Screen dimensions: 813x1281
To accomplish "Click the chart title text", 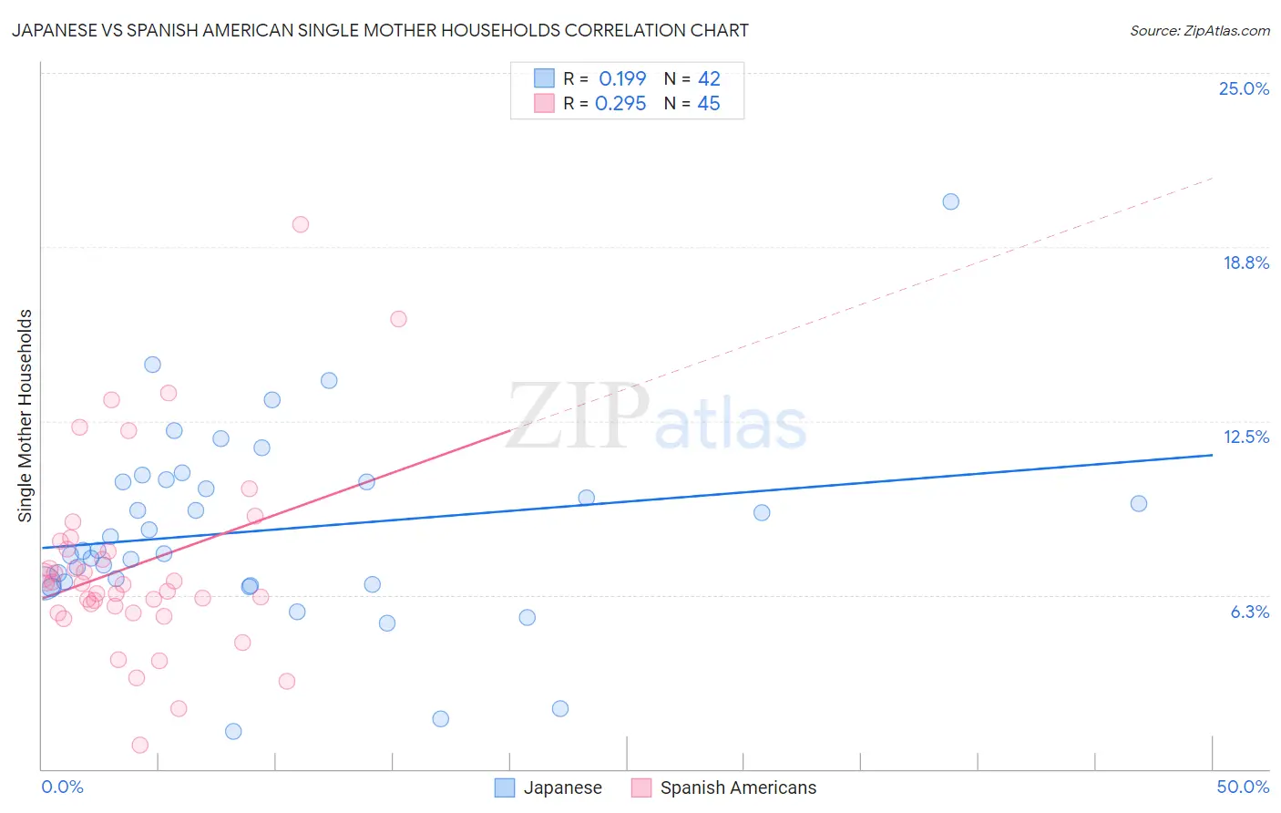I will [x=380, y=30].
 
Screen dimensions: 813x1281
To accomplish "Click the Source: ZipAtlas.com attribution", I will [x=1199, y=30].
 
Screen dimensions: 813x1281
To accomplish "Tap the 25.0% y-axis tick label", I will [x=1244, y=88].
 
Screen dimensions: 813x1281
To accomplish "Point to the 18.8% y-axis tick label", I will [x=1245, y=262].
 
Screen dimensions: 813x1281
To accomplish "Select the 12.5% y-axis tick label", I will [x=1245, y=437].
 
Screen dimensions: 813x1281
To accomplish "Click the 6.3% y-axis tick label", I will [x=1249, y=612].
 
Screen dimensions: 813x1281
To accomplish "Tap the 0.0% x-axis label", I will [x=62, y=787].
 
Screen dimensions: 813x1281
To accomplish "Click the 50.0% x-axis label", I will [x=1243, y=787].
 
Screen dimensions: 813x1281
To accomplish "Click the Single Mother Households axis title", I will [x=26, y=416].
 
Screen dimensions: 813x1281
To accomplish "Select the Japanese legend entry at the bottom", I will [x=548, y=787].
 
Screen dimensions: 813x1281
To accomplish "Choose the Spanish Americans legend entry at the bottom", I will [x=724, y=787].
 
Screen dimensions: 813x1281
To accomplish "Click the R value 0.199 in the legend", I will [x=622, y=79].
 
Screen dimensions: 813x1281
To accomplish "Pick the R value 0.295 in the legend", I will [x=620, y=104].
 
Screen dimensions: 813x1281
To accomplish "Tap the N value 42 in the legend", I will [x=709, y=79].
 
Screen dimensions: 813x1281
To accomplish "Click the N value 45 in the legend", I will [x=709, y=104].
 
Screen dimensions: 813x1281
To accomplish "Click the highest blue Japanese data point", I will [x=950, y=201].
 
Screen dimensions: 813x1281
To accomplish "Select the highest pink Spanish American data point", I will [x=301, y=224].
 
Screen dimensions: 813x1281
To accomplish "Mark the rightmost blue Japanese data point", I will [x=1138, y=503].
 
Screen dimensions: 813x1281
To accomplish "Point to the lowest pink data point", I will [x=139, y=745].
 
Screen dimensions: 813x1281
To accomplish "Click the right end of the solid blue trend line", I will [x=1212, y=454].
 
